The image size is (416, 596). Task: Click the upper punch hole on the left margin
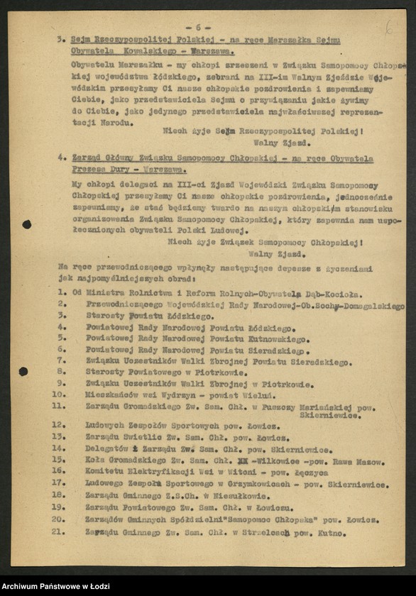[x=26, y=224]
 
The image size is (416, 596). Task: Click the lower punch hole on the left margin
[x=23, y=371]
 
